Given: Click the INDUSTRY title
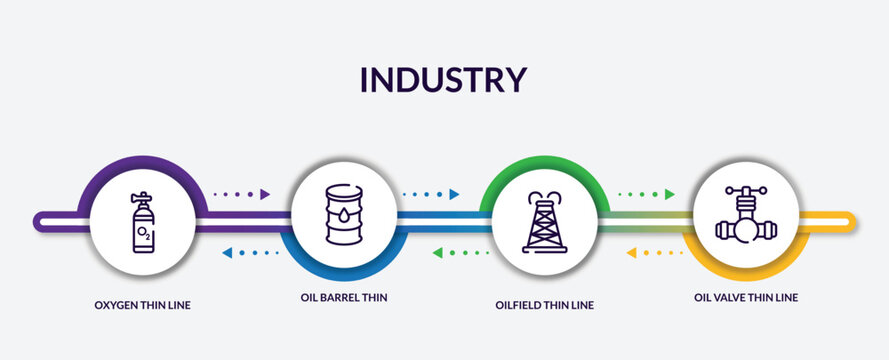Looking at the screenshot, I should pos(443,79).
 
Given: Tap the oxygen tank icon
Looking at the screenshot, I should pos(144,223).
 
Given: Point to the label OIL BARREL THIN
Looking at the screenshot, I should pos(343,297).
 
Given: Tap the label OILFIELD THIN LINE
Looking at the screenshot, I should pos(544,305).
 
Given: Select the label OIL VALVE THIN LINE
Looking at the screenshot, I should pos(746,297).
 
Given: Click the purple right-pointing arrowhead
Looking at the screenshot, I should pos(265,194).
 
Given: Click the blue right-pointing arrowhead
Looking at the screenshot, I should pos(454,194).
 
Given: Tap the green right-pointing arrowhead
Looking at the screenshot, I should pos(669,194).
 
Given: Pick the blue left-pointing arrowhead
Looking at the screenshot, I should pos(227,253).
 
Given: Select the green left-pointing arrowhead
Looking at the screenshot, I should pos(438,253).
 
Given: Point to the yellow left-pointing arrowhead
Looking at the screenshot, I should pos(632,253).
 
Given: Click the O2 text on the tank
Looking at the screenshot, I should pos(145,233).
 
